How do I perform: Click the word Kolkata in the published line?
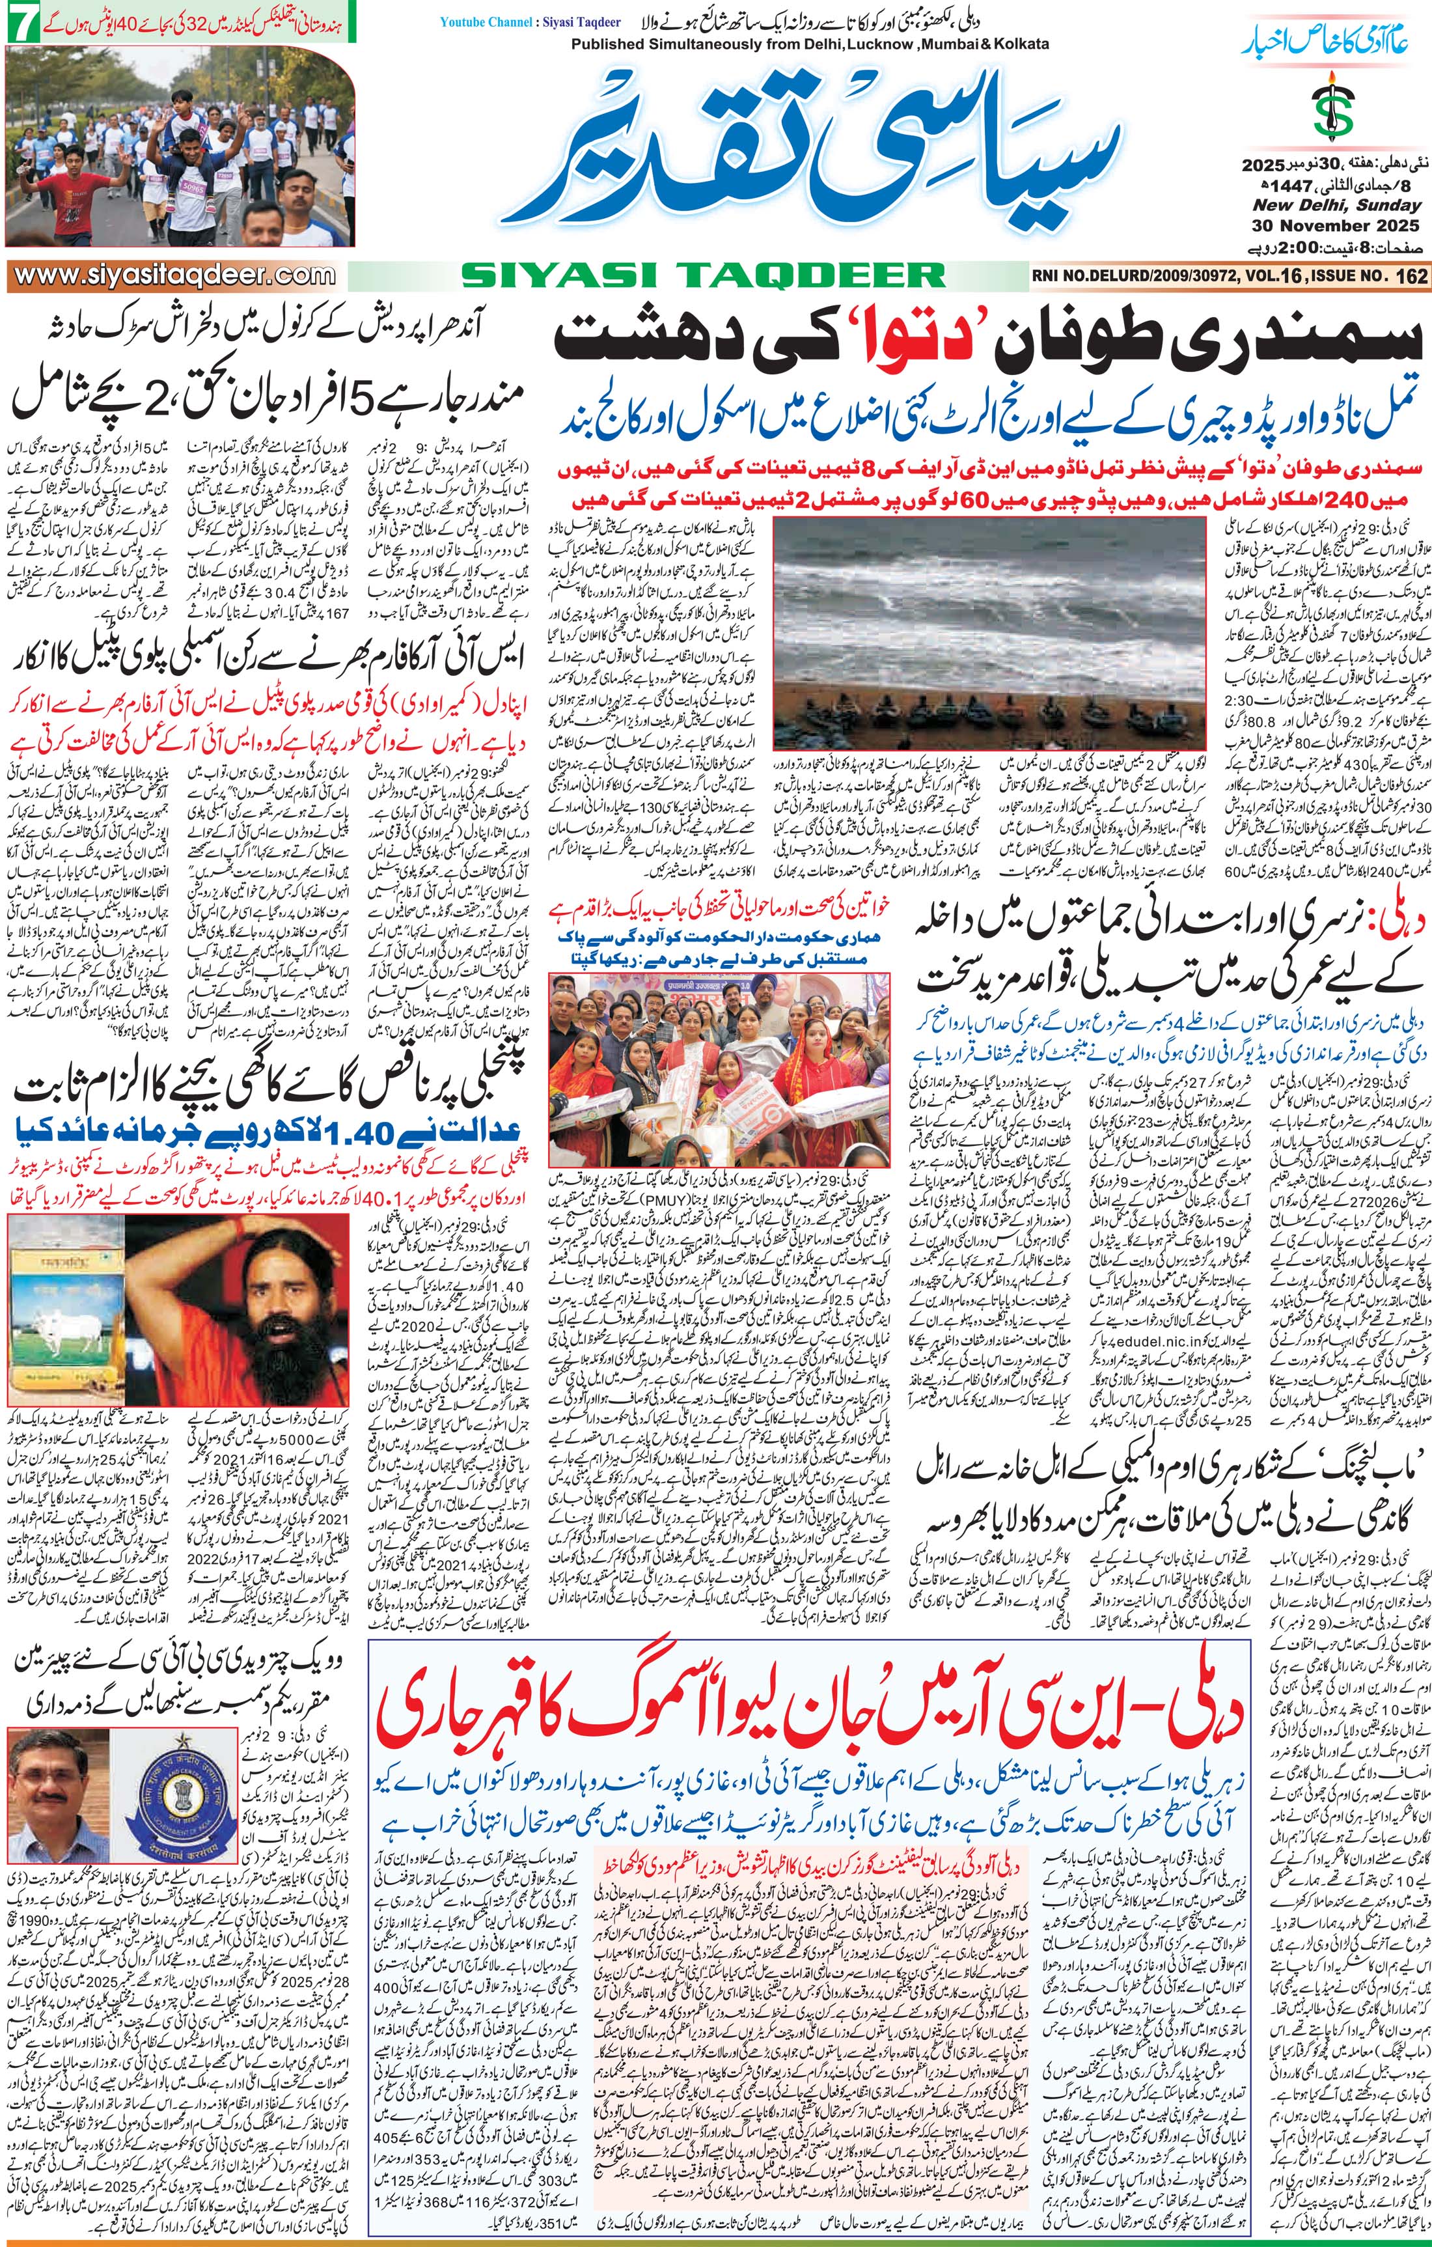(x=1017, y=43)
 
